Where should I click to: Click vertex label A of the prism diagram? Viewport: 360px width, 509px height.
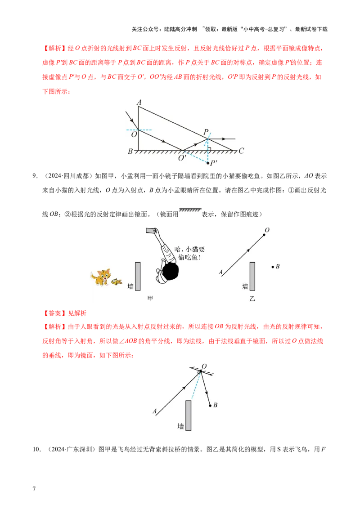point(139,103)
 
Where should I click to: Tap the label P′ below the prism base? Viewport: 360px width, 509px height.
point(214,163)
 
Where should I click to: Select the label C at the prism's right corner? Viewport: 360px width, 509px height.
point(241,151)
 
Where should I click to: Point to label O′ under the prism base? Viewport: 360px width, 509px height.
point(182,158)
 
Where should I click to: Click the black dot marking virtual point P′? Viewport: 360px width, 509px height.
point(208,163)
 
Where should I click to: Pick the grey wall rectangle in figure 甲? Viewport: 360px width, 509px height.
point(138,276)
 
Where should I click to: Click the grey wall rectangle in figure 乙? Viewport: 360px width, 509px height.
point(252,276)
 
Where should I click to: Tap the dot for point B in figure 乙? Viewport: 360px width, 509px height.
point(273,267)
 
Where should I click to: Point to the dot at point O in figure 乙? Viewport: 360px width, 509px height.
point(264,235)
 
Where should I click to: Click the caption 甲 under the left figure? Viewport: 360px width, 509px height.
point(150,298)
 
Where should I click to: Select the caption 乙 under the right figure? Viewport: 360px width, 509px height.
point(252,298)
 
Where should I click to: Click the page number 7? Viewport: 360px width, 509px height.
point(34,489)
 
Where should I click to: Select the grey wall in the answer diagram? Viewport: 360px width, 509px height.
point(188,415)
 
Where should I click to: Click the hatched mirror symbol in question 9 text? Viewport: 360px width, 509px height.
point(190,210)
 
